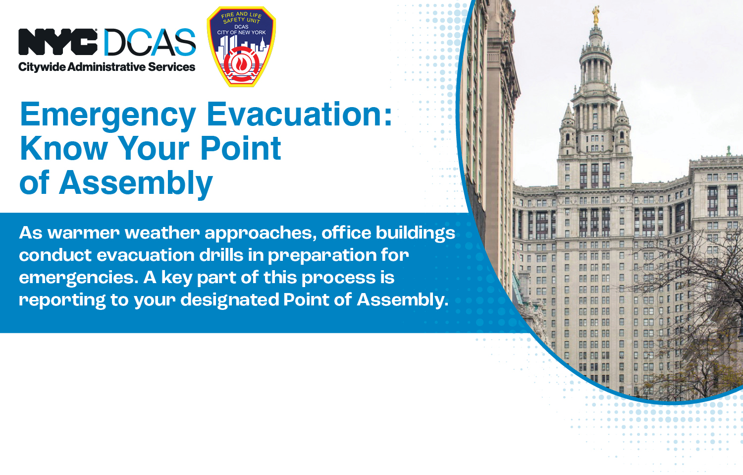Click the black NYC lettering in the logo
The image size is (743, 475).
[x=57, y=42]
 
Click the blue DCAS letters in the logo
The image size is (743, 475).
[x=150, y=43]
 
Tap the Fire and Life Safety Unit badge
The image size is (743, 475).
[x=241, y=47]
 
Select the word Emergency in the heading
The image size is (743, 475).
[x=108, y=115]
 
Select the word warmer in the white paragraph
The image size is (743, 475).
[x=83, y=233]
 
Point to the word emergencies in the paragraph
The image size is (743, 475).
[x=78, y=278]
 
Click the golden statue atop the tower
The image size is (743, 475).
[x=596, y=15]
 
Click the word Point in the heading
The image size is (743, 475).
[x=240, y=148]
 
